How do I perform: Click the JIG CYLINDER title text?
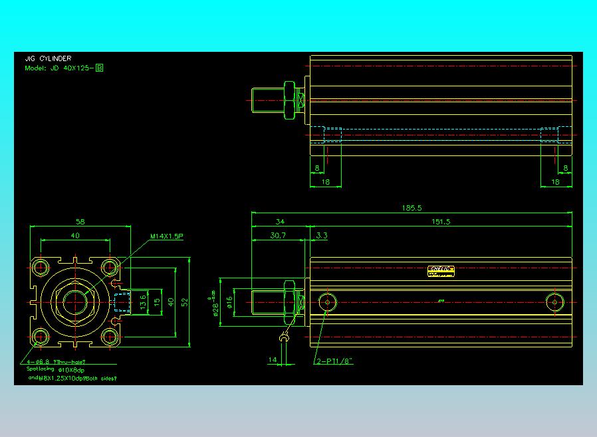(48, 58)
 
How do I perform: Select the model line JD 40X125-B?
(64, 68)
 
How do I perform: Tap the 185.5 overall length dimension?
(412, 208)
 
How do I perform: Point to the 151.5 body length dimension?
(441, 222)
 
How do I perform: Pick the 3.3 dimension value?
(322, 235)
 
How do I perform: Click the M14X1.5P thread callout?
(166, 236)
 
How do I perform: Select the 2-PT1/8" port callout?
(334, 361)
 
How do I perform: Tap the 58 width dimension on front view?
(80, 222)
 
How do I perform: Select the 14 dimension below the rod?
(272, 360)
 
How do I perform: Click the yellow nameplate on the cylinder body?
(441, 271)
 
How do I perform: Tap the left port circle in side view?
(326, 302)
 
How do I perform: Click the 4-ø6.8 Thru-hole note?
(56, 361)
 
